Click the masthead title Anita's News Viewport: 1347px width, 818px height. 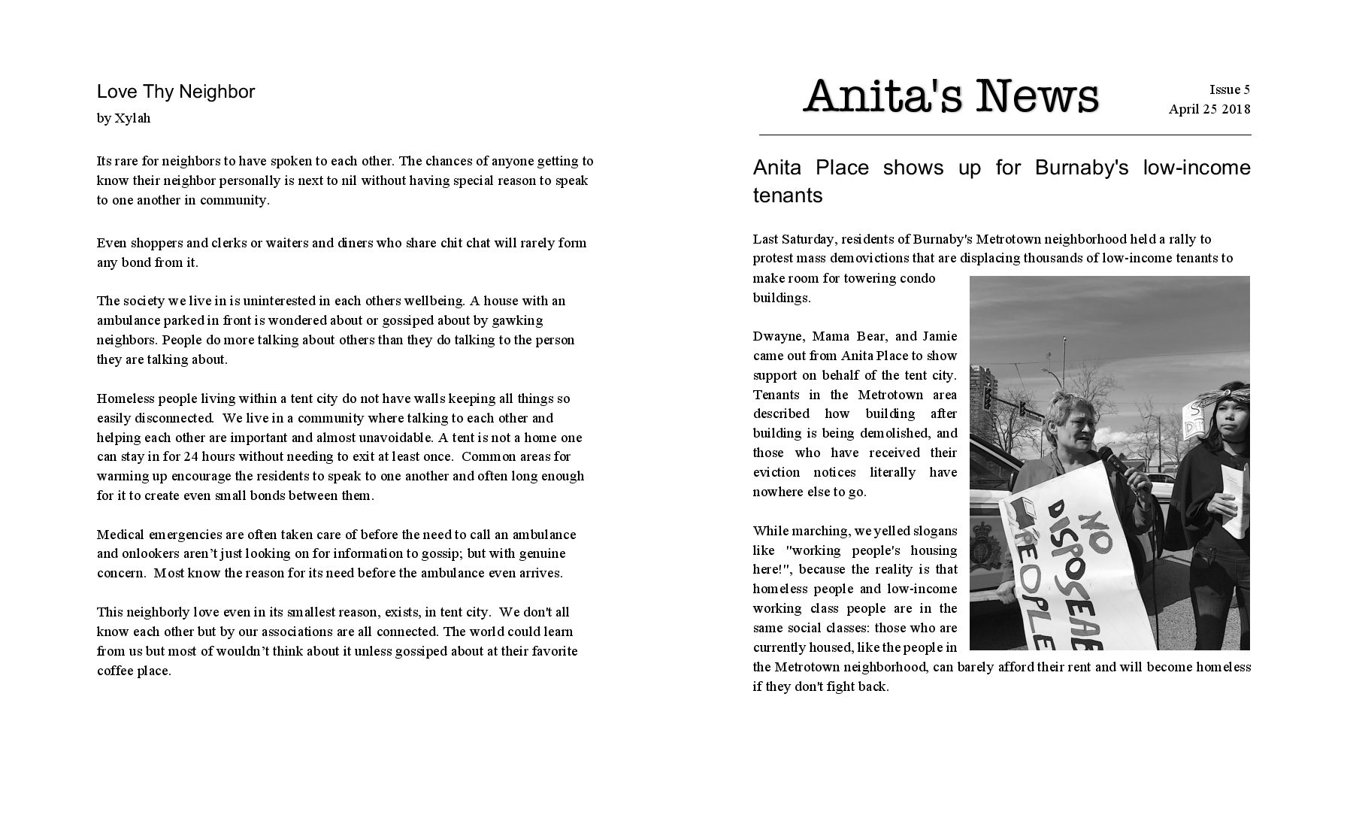click(x=950, y=97)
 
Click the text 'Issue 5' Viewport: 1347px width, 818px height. click(x=1229, y=90)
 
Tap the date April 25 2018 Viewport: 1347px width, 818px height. click(x=1209, y=110)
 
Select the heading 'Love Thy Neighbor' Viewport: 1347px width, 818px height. click(x=176, y=92)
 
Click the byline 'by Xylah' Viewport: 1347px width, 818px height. click(x=123, y=118)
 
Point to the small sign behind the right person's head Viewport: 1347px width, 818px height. click(x=1194, y=421)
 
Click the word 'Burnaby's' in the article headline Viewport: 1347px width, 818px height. click(x=1081, y=168)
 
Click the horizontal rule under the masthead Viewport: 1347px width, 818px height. click(x=1004, y=135)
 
